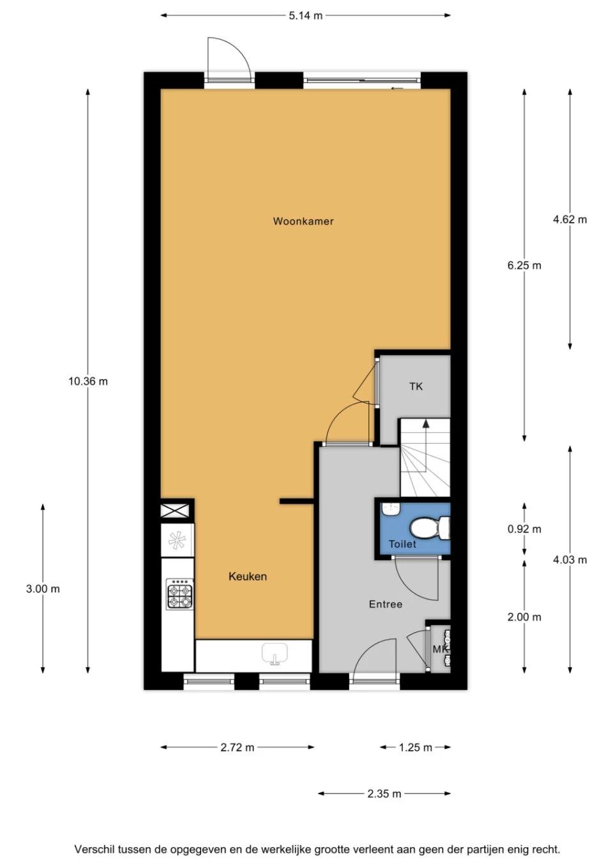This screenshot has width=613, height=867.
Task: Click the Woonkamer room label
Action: [x=303, y=222]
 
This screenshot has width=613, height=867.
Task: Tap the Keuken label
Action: [x=248, y=577]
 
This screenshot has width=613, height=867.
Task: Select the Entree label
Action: [x=386, y=604]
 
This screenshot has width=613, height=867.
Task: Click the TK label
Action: [x=416, y=386]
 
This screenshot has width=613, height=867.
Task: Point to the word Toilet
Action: [x=402, y=544]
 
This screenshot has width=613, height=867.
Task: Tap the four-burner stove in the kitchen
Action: [x=179, y=594]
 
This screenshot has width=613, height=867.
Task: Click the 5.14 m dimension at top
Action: [x=305, y=15]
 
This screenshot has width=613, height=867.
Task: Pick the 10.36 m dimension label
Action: [x=88, y=381]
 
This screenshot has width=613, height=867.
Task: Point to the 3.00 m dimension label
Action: [x=43, y=589]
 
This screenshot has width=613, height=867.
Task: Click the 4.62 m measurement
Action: [x=570, y=219]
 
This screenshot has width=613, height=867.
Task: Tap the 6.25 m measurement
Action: [x=524, y=265]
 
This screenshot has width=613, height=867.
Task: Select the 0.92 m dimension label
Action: [x=524, y=529]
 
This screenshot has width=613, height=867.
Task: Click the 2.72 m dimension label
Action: [x=237, y=747]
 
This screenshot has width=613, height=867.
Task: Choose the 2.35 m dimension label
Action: [x=384, y=794]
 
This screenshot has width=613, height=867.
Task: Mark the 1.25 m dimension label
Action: [x=415, y=747]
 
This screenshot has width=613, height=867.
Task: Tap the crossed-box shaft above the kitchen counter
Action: [x=176, y=510]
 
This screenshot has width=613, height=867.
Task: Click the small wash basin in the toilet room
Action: [x=390, y=509]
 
